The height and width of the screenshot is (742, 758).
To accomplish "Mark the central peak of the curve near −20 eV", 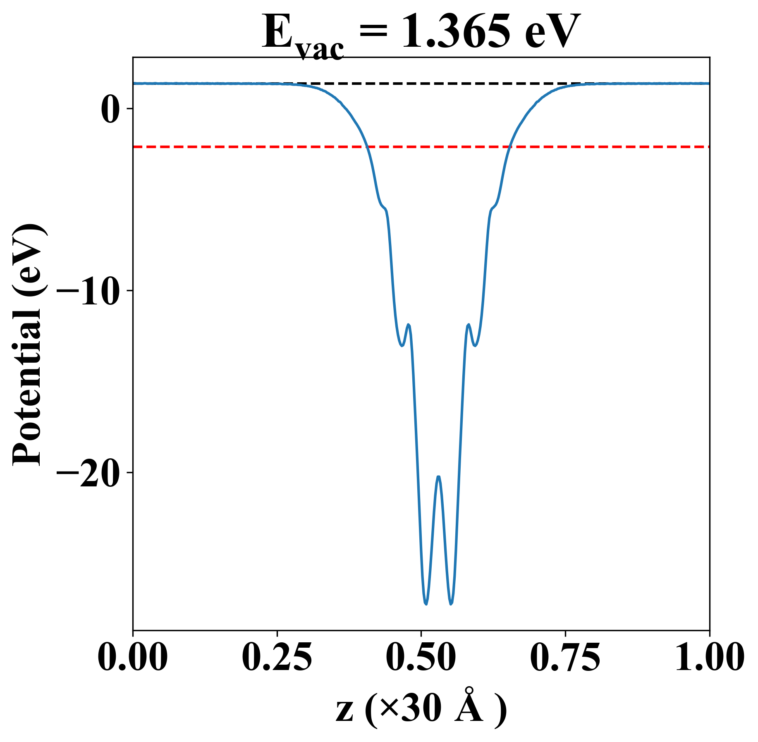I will pyautogui.click(x=438, y=477).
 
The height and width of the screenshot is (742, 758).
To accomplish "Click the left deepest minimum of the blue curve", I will pyautogui.click(x=426, y=604).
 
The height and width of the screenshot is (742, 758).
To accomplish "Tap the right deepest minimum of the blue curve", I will pyautogui.click(x=451, y=604).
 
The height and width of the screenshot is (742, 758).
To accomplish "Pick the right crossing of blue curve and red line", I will pyautogui.click(x=509, y=147).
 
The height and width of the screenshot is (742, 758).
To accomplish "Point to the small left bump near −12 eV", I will pyautogui.click(x=409, y=325).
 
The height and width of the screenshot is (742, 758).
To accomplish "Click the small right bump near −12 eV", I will pyautogui.click(x=469, y=325).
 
